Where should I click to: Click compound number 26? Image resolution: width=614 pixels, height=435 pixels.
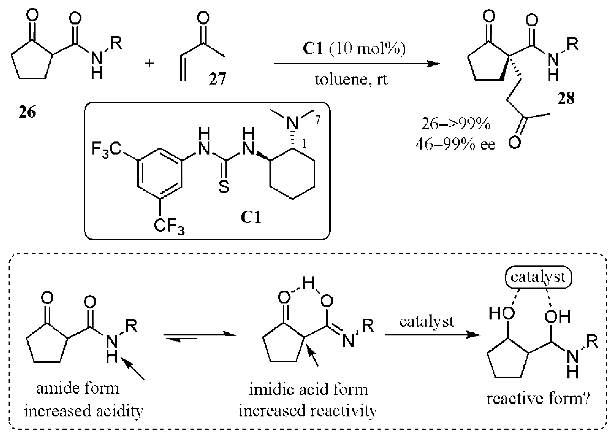coord(27,112)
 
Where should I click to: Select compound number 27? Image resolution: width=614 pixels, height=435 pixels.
coord(217,78)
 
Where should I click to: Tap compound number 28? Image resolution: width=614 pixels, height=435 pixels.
coord(566,99)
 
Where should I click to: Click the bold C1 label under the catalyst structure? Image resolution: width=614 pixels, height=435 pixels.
coord(251,217)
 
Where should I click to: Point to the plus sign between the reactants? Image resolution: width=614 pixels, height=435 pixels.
coord(149,63)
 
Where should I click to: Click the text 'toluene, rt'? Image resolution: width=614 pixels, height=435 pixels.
coord(351,80)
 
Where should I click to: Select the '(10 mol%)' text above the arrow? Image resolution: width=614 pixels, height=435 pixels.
coord(367,49)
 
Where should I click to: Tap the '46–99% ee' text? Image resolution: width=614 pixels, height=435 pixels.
coord(455,145)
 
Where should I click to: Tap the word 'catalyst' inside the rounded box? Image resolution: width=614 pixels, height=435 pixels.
coord(538,277)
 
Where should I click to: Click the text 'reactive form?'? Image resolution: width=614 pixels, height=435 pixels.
coord(538,399)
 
